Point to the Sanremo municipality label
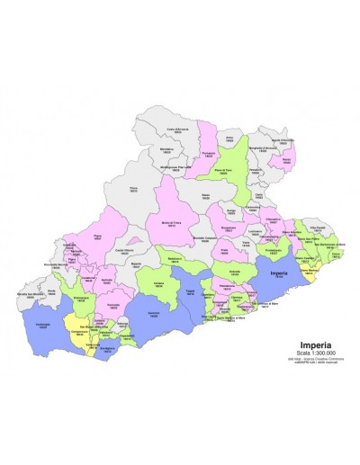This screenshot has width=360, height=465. point(154,317)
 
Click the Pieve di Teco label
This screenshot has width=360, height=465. point(234,171)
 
